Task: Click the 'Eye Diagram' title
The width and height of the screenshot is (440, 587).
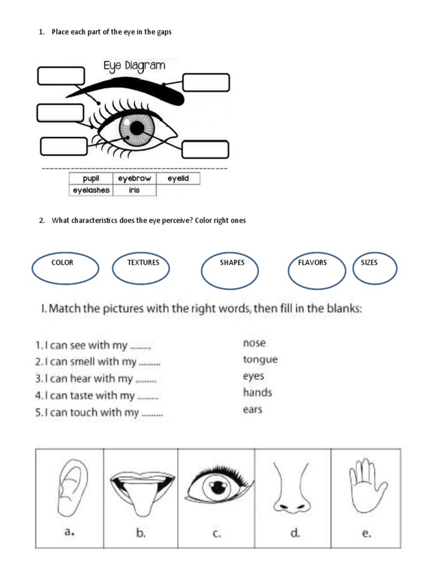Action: pyautogui.click(x=134, y=66)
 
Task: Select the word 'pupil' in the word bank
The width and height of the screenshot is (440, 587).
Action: pyautogui.click(x=91, y=179)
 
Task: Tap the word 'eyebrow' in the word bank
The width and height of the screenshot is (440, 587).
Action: pyautogui.click(x=135, y=179)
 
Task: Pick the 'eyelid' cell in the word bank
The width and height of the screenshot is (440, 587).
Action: pyautogui.click(x=178, y=179)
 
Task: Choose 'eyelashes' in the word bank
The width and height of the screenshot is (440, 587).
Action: pyautogui.click(x=91, y=190)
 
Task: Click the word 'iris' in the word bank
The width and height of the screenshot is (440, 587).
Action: pyautogui.click(x=134, y=190)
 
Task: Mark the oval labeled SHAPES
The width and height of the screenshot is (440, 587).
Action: pyautogui.click(x=231, y=269)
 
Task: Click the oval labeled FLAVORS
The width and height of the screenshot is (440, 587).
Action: pyautogui.click(x=316, y=269)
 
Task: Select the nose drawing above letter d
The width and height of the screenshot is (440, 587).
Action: pyautogui.click(x=293, y=487)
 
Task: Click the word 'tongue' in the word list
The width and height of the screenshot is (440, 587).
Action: pyautogui.click(x=260, y=360)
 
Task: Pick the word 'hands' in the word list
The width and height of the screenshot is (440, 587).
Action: pyautogui.click(x=257, y=393)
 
